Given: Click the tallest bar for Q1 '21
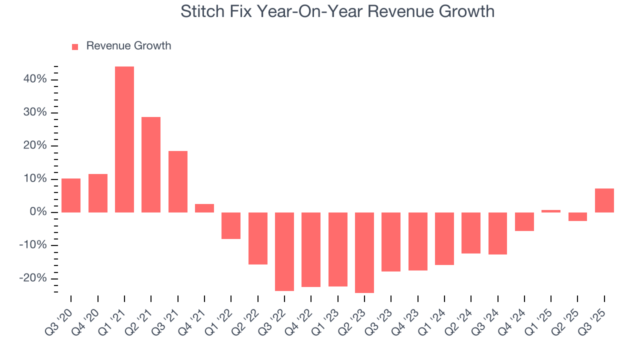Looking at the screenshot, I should tap(124, 139).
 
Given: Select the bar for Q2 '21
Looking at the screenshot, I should tap(151, 164).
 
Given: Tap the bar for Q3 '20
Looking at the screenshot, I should tap(71, 195).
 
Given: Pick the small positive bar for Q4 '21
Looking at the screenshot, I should tap(204, 208).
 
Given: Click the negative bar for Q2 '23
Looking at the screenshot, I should tap(364, 252).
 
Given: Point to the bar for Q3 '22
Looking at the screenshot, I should tap(284, 251).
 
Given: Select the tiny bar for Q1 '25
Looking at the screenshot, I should tap(551, 211).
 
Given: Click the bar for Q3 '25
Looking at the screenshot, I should tap(604, 200).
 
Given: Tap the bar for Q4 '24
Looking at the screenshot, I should tap(524, 221).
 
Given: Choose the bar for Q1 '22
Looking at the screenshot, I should tap(231, 225).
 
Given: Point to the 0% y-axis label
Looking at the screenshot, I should tap(38, 212).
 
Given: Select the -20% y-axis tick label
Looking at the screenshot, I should tap(33, 278).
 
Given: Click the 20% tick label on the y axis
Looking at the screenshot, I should tap(35, 146).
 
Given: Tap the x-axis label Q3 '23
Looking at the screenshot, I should tap(378, 314).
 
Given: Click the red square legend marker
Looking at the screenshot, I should tap(75, 46).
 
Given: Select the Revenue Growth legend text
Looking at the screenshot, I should tap(128, 46).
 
